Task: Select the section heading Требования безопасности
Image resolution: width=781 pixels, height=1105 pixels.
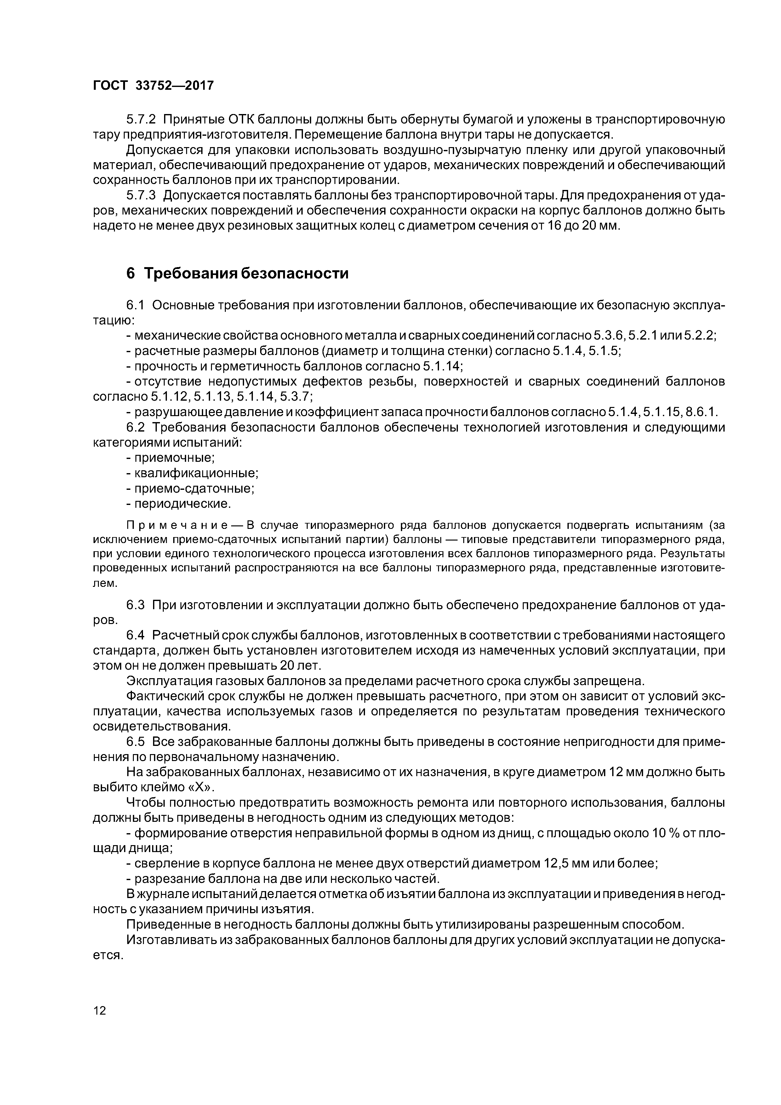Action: [246, 273]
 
